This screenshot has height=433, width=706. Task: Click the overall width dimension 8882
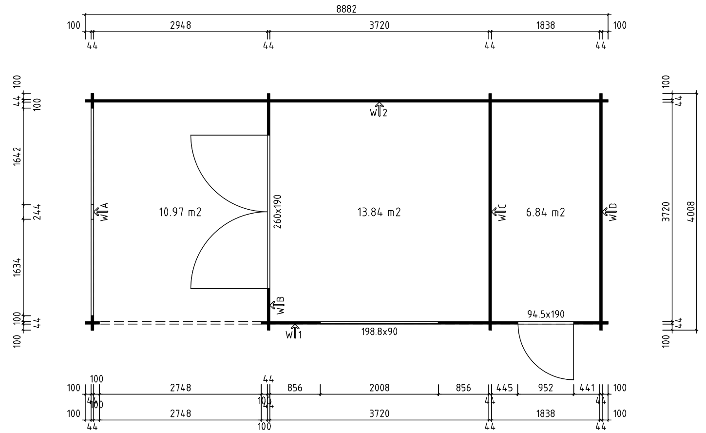(x=346, y=9)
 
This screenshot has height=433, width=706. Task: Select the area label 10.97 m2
(x=180, y=212)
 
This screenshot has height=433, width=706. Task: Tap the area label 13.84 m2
(x=379, y=212)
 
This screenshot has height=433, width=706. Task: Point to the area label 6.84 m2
(x=545, y=212)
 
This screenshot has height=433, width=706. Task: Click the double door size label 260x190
(x=278, y=212)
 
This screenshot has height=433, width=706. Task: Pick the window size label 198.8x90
(x=379, y=332)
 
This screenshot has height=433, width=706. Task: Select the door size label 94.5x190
(x=546, y=314)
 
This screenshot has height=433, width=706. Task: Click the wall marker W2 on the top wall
(x=379, y=110)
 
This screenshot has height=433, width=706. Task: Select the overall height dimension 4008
(x=690, y=212)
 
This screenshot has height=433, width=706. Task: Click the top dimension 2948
(x=180, y=25)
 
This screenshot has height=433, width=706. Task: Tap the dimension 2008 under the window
(x=379, y=388)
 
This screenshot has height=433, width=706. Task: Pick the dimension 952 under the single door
(x=546, y=388)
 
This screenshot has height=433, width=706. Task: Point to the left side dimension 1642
(x=18, y=156)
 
